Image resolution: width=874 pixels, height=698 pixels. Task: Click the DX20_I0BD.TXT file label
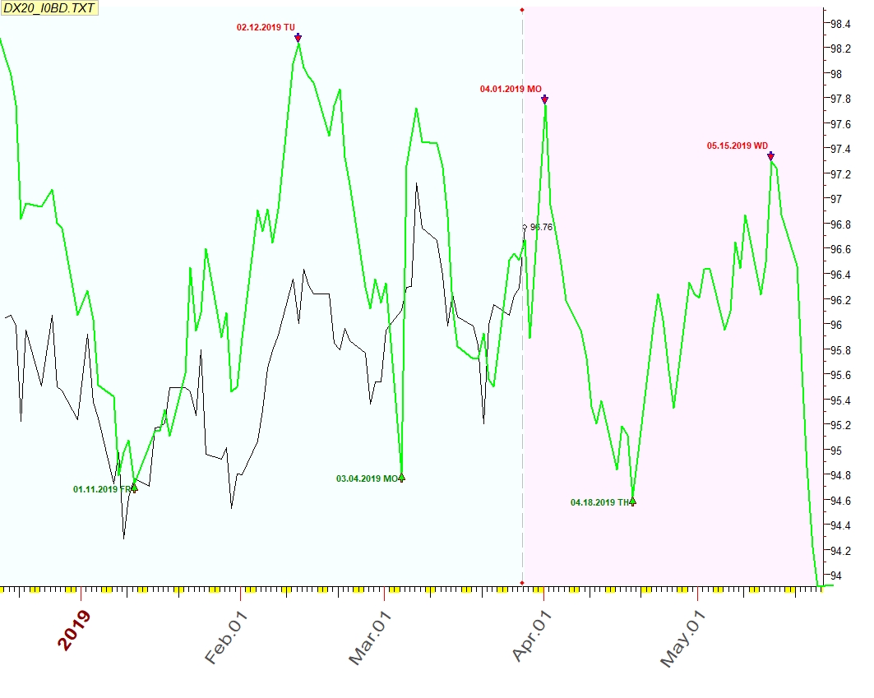(50, 9)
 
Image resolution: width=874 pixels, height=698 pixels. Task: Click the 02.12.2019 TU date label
(266, 27)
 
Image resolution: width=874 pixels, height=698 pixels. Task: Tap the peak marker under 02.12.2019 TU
(298, 37)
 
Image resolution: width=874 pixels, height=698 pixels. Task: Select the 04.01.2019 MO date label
(511, 89)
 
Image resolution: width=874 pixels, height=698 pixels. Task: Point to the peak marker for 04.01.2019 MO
(544, 99)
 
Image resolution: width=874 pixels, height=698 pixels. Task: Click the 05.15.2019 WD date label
(738, 146)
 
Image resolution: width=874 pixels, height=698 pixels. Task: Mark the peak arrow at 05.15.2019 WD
(770, 155)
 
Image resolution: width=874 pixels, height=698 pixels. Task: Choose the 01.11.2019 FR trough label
(102, 489)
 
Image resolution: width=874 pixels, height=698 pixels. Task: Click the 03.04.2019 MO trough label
(368, 478)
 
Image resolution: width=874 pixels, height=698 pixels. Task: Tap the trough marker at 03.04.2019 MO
(401, 477)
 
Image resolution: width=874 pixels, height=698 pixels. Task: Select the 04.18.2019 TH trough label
(601, 502)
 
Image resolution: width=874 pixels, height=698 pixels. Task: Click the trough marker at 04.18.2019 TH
(632, 500)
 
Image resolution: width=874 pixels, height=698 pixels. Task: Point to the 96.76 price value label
(541, 227)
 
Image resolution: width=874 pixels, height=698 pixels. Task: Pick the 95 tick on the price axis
(837, 451)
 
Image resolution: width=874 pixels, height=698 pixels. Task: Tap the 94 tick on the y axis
(837, 576)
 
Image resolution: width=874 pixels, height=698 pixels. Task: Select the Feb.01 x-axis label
(226, 636)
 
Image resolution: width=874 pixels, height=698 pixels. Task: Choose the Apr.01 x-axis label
(531, 636)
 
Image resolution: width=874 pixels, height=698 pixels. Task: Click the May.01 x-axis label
(683, 638)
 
